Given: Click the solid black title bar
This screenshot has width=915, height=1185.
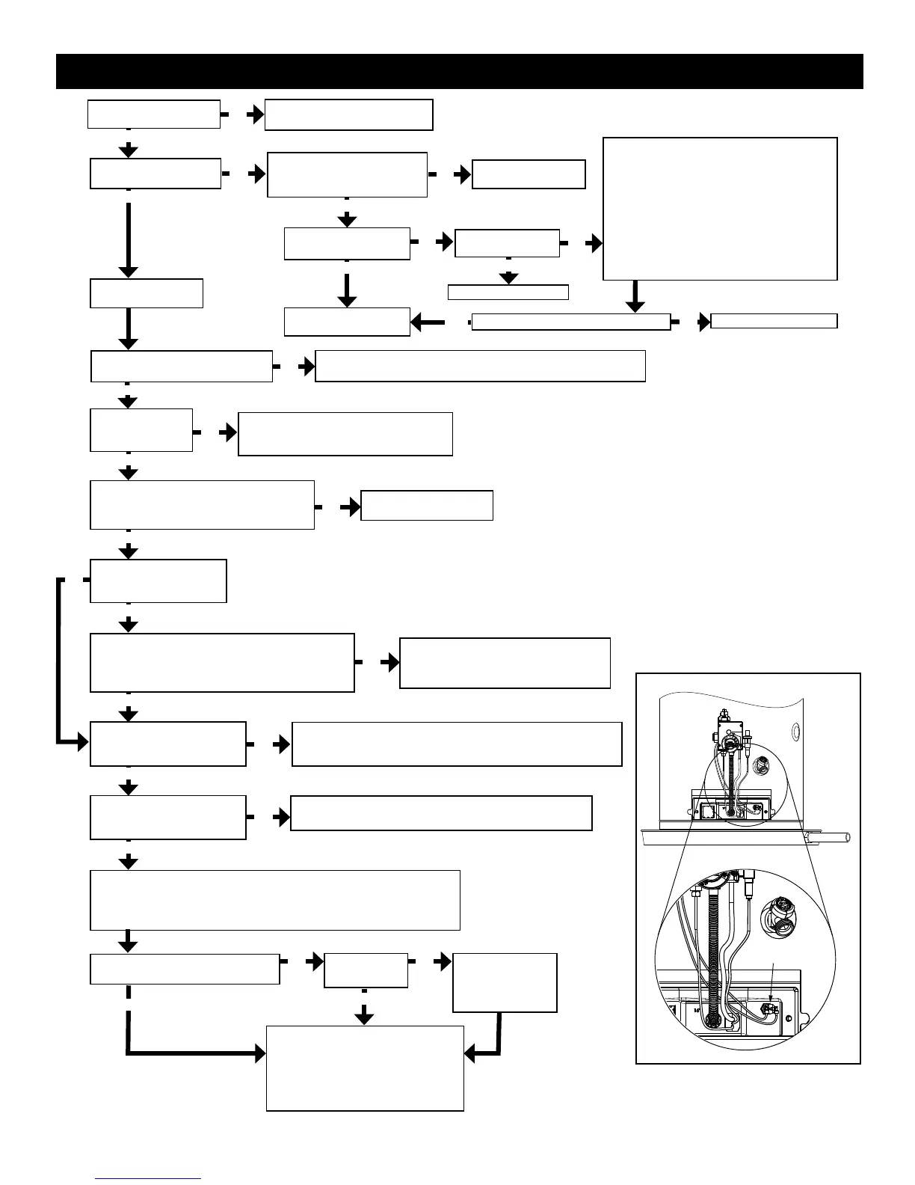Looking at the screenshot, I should click(x=459, y=71).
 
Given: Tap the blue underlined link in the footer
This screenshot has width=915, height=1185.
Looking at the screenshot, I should click(x=148, y=1178).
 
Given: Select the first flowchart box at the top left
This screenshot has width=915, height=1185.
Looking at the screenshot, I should click(x=153, y=114).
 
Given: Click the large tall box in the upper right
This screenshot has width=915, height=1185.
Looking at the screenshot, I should click(x=719, y=208).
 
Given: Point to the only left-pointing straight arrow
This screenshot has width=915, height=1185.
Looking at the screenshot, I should click(x=427, y=322).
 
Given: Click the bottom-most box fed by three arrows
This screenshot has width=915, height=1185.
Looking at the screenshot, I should click(x=365, y=1068).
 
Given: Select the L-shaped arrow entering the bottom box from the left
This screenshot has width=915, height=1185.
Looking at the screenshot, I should click(x=187, y=1053).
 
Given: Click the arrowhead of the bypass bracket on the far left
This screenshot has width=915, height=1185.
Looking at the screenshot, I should click(x=80, y=743).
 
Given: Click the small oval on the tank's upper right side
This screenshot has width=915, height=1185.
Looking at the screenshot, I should click(x=795, y=727).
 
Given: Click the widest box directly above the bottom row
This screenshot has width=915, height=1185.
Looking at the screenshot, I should click(x=274, y=899).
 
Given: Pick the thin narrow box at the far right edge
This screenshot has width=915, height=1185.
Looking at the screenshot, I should click(x=774, y=321).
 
